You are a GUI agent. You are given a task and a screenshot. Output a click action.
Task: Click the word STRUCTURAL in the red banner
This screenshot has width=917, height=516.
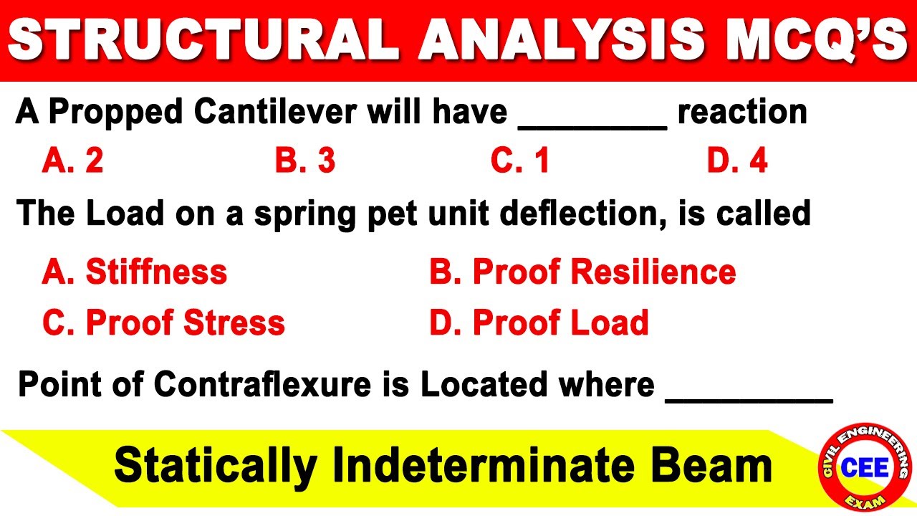(203, 40)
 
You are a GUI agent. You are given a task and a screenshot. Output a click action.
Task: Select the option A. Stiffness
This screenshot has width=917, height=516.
(135, 272)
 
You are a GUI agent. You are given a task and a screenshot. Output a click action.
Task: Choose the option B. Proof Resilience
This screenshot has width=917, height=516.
(582, 272)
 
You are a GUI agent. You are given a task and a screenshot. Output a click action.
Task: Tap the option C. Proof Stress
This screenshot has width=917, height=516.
(163, 323)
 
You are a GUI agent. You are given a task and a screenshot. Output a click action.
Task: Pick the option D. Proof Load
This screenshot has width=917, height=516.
(539, 323)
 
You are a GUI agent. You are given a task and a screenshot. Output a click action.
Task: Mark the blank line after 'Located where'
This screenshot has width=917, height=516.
(749, 398)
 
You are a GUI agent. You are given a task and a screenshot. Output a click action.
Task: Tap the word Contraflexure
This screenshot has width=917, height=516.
(262, 386)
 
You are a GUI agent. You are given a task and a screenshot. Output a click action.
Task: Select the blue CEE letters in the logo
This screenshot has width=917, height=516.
(865, 469)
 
